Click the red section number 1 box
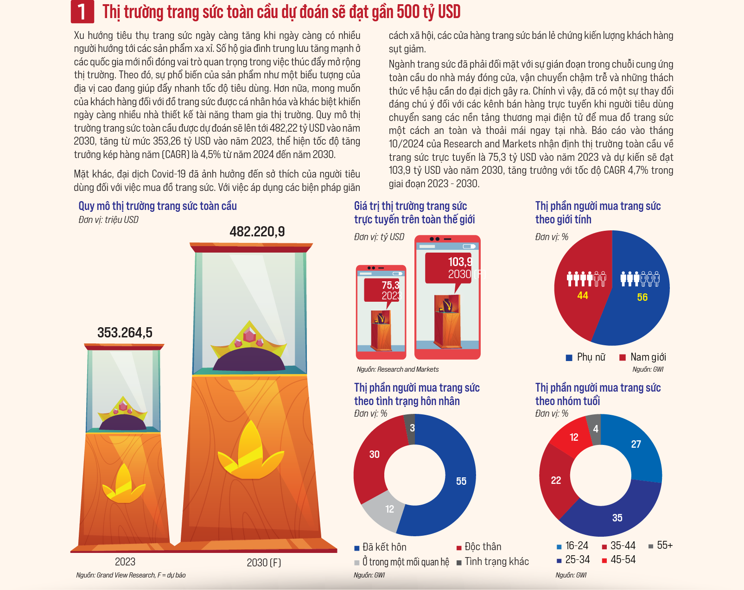point(83,12)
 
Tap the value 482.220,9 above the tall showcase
point(257,232)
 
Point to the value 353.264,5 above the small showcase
point(125,332)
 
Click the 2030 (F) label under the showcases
point(264,563)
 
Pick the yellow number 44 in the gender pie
point(583,296)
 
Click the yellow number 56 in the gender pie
point(642,297)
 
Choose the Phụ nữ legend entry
point(585,357)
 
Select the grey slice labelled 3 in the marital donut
point(410,429)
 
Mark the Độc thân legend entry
point(479,547)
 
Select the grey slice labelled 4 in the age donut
point(595,430)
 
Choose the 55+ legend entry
point(661,546)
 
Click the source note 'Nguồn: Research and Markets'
point(398,369)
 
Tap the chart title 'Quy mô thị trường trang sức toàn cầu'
point(158,206)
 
